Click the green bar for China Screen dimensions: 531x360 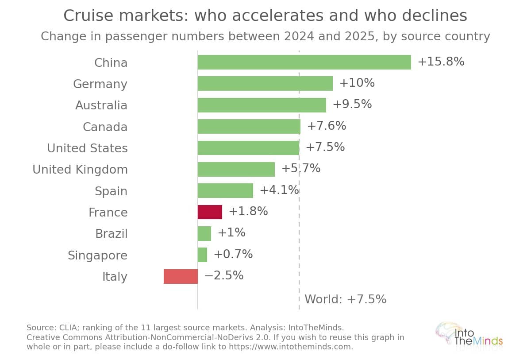(304, 62)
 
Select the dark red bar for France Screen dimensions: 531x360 (210, 212)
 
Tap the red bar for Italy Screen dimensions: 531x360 (181, 276)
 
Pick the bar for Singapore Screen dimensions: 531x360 (203, 255)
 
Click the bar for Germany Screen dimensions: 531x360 (265, 84)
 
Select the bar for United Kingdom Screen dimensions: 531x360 (236, 169)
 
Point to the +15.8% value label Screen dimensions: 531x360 (441, 62)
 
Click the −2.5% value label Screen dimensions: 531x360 (224, 275)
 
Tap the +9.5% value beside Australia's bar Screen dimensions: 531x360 (352, 104)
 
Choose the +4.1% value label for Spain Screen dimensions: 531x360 (280, 190)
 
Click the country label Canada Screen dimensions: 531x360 (105, 127)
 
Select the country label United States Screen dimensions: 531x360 (87, 148)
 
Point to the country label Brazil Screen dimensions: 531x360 (112, 234)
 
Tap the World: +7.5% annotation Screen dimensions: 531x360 (346, 299)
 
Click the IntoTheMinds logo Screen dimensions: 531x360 (469, 336)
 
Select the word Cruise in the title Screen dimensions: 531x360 (88, 15)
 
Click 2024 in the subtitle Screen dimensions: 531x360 (299, 36)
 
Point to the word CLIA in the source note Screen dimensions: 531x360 (69, 328)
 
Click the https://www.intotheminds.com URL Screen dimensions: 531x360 (290, 347)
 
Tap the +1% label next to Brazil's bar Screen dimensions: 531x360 (231, 232)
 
